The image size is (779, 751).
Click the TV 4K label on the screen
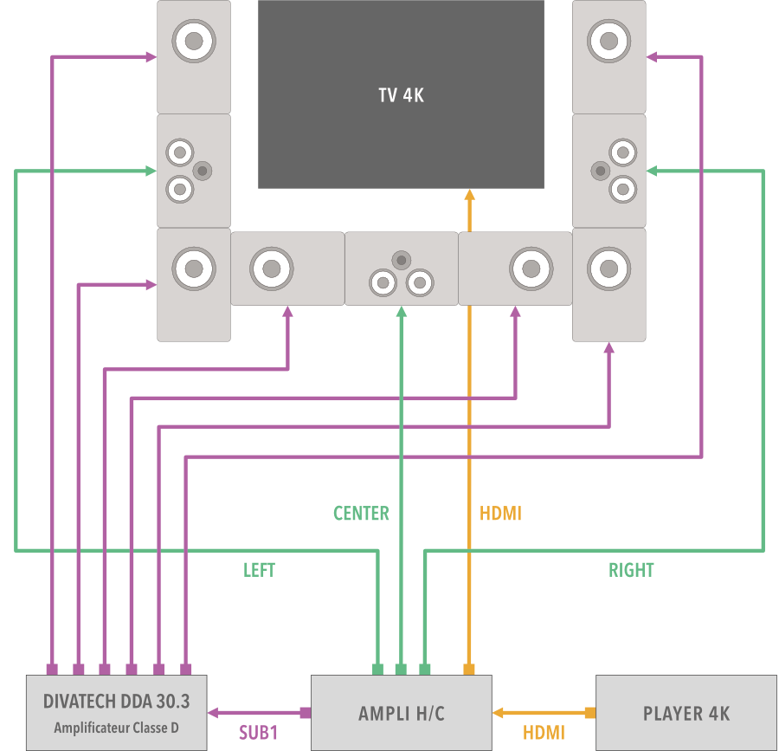pos(401,95)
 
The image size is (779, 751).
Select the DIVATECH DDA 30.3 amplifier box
pos(116,712)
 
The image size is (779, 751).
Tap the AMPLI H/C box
pos(401,713)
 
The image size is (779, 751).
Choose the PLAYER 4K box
pos(686,713)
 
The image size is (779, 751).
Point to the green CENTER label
pos(361,514)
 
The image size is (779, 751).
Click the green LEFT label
pos(259,570)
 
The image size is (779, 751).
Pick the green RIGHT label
pos(631,570)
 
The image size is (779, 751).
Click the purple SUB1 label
pos(258,733)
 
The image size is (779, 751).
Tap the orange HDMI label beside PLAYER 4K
pos(544,733)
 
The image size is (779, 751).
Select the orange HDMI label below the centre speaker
pos(500,514)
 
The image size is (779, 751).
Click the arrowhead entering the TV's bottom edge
pos(470,195)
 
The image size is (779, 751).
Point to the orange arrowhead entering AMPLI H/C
pos(498,713)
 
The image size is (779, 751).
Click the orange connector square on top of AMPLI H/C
pos(469,669)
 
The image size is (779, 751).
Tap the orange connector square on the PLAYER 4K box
pos(590,713)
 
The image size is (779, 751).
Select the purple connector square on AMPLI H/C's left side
pos(305,713)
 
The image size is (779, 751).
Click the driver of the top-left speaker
pos(193,40)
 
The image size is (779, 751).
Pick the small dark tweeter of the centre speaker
pos(401,259)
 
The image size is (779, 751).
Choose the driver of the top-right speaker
pos(608,40)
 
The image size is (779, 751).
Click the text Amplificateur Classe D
pos(116,728)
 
